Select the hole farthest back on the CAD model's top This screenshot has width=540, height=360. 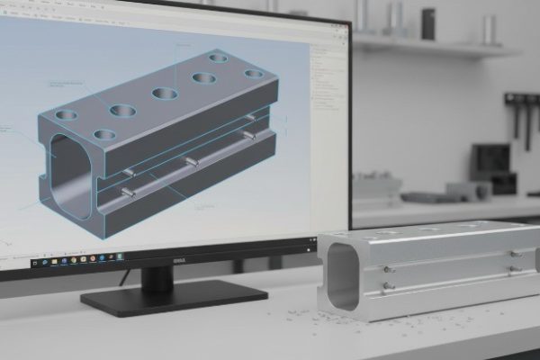coord(218,58)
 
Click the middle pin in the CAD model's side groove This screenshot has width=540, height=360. coord(191,162)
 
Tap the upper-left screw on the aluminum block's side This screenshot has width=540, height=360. coord(386,268)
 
